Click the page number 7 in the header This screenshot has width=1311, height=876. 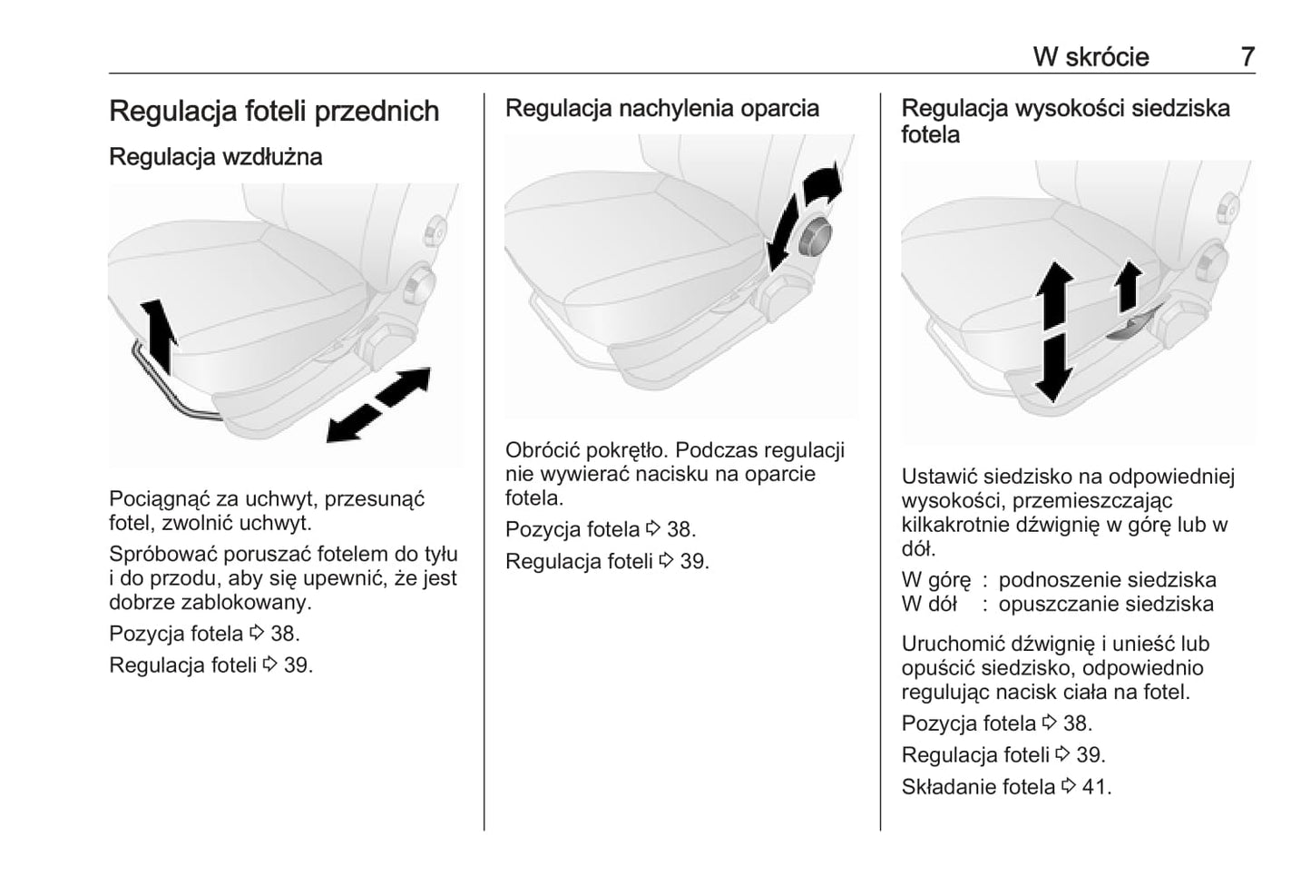(1247, 56)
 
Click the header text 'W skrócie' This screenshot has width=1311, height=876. (1091, 56)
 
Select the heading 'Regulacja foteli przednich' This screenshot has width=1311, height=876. (274, 111)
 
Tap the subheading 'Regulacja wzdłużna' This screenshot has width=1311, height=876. (215, 157)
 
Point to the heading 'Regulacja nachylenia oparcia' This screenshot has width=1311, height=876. (661, 108)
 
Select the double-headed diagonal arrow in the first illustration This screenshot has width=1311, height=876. (378, 405)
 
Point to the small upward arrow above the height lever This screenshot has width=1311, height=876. (1128, 285)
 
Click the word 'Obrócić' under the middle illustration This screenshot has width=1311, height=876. (543, 450)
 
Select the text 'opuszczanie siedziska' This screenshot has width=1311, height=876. (1106, 604)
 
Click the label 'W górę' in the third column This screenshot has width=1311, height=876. (935, 580)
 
